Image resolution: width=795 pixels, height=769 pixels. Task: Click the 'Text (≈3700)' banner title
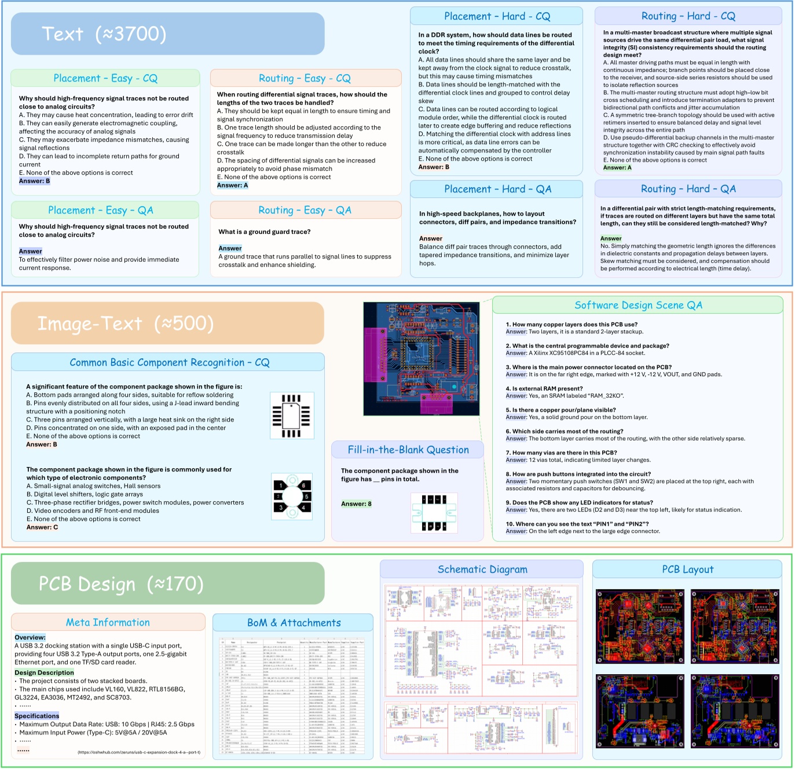[104, 34]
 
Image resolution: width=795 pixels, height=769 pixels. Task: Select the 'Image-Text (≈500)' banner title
[126, 323]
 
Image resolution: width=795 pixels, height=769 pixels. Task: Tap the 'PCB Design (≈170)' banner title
[121, 584]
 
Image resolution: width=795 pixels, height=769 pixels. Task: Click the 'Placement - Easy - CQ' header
[105, 78]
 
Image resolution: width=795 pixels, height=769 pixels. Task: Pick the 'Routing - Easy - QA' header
[305, 210]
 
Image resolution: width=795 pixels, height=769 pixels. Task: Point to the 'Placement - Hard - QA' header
[497, 189]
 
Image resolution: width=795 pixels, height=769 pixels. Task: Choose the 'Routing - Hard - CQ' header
[688, 16]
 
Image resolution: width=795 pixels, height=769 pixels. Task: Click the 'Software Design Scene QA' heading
[638, 305]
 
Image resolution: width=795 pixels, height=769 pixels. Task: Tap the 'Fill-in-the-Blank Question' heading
[408, 450]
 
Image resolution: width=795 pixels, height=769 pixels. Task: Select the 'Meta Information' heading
[108, 622]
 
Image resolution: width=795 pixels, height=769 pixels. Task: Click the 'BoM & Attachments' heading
[294, 623]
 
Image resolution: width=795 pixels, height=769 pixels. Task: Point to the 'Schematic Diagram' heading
[482, 569]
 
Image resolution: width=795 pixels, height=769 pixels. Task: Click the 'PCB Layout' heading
[687, 569]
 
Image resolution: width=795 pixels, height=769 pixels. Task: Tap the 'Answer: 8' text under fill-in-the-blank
[356, 504]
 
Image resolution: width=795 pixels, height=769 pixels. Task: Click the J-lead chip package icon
[292, 415]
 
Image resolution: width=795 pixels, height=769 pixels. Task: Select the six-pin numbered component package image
[292, 496]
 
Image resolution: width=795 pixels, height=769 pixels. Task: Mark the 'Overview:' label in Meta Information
[30, 637]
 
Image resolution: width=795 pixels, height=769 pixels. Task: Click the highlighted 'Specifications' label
[37, 716]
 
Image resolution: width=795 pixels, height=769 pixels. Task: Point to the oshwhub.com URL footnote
[139, 752]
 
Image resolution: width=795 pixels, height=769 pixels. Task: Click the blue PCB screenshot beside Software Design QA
[421, 359]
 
